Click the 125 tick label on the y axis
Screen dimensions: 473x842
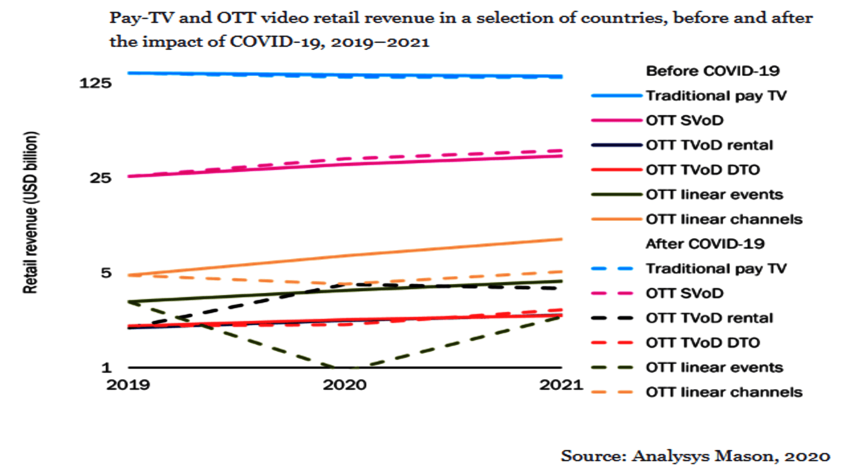[95, 83]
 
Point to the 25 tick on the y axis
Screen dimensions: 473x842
[101, 178]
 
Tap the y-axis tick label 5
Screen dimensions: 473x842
[106, 273]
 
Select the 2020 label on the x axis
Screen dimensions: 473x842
[345, 385]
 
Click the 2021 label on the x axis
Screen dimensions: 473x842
[561, 385]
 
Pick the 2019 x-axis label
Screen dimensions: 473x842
[128, 385]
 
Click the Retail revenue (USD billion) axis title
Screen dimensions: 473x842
[31, 212]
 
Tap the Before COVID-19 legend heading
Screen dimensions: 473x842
[713, 71]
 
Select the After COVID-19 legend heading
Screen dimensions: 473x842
[705, 244]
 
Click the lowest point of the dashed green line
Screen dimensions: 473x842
[345, 367]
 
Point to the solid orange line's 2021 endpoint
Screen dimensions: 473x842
[562, 239]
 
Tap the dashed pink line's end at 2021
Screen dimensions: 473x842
[562, 151]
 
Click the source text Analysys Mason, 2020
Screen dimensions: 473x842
[695, 456]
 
